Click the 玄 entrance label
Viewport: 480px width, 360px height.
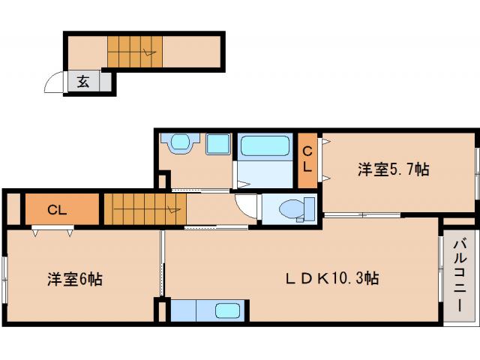[x=83, y=82]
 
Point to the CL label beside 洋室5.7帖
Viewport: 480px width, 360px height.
[x=307, y=160]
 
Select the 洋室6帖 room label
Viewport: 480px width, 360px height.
[x=75, y=280]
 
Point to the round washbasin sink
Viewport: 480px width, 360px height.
[x=179, y=142]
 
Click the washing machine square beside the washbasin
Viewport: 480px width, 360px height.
[x=217, y=143]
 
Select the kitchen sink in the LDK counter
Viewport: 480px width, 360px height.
[x=228, y=310]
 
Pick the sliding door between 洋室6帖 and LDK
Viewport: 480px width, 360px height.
[x=161, y=262]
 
